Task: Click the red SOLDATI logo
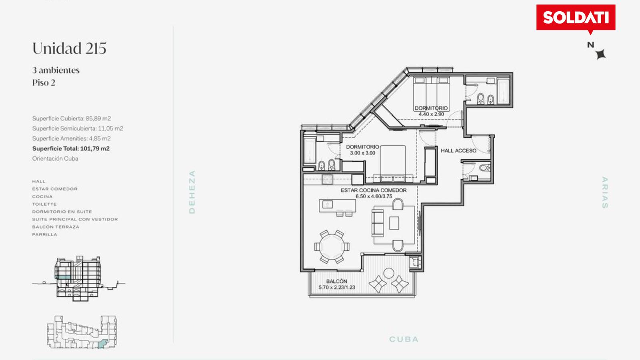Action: click(576, 18)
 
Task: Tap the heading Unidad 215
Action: click(69, 48)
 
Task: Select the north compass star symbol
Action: click(600, 54)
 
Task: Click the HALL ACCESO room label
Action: click(458, 150)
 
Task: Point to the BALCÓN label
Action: click(336, 281)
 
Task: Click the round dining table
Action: click(332, 246)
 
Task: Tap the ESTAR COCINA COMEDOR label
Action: click(374, 190)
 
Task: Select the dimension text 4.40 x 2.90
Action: click(431, 114)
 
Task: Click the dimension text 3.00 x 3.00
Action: click(362, 153)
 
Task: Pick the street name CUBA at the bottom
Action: click(404, 339)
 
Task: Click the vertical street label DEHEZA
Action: click(192, 192)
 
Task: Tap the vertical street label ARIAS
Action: click(604, 192)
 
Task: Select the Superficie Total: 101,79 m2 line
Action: click(71, 148)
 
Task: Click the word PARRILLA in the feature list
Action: click(44, 234)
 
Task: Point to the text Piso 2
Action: click(44, 83)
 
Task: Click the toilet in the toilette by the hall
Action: click(484, 168)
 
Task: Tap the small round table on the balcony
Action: click(388, 273)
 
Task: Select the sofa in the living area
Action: click(378, 223)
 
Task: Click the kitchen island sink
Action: click(328, 204)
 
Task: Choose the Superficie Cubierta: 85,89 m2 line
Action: click(72, 118)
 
